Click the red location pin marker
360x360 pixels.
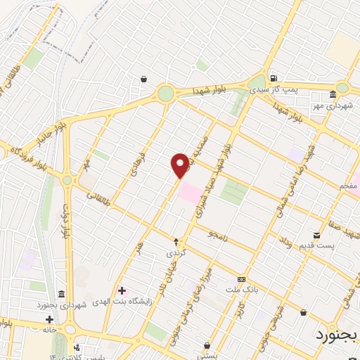[180, 165]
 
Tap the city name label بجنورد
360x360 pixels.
[334, 333]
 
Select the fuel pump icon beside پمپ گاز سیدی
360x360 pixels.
[273, 78]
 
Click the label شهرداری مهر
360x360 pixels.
[333, 104]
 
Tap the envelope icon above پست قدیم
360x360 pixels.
[316, 235]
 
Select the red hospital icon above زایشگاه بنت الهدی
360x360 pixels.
[122, 290]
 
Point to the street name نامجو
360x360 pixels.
[218, 235]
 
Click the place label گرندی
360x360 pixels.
[175, 252]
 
